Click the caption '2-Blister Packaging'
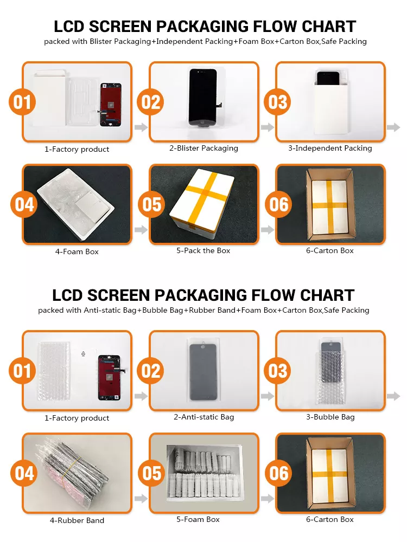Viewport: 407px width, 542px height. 203,149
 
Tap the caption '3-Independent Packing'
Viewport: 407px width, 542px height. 330,149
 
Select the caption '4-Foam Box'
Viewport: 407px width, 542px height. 77,251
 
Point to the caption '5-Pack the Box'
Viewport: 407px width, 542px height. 203,250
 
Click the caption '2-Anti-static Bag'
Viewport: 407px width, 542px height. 204,417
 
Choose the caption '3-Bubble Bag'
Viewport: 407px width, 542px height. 330,417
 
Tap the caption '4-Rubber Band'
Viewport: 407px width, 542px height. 77,520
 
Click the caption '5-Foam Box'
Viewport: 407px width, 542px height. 198,519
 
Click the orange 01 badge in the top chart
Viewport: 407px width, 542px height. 22,102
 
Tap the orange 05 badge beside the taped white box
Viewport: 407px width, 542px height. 151,204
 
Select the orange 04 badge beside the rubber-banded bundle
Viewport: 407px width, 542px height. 24,473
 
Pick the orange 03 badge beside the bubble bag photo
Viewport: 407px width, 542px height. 277,371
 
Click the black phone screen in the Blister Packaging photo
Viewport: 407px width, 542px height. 203,97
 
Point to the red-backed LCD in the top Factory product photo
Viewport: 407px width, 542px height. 111,105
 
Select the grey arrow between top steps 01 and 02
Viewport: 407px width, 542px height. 141,127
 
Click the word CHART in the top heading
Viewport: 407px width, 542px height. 329,27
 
